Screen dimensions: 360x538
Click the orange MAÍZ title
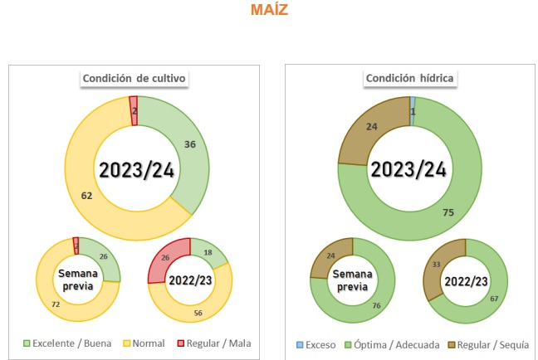[x=269, y=11]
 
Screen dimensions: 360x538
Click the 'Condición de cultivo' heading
[x=134, y=79]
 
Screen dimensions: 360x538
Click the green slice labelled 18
[x=208, y=252]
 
